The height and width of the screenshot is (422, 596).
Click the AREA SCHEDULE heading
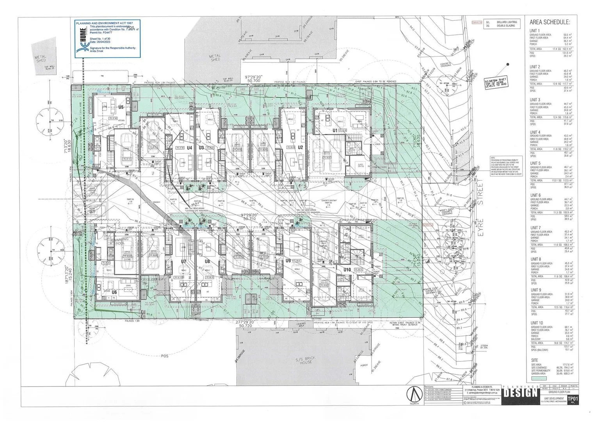tap(550, 22)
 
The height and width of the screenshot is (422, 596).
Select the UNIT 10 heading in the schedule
tap(537, 323)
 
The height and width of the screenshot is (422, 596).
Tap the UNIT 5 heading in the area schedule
tap(535, 163)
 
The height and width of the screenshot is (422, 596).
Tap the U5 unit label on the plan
tap(121, 107)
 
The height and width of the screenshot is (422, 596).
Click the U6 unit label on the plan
tap(114, 292)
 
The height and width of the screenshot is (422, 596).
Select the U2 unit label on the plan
tap(300, 147)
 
